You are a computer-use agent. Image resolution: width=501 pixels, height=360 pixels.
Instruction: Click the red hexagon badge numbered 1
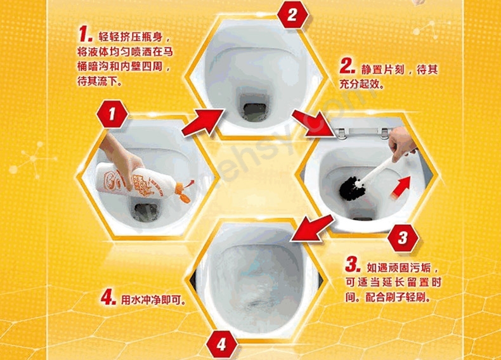tap(112, 114)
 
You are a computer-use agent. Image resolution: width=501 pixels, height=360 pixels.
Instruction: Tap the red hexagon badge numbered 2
tap(292, 15)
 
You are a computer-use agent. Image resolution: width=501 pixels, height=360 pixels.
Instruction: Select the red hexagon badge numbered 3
tap(403, 238)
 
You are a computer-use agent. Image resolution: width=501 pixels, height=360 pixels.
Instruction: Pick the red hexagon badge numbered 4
tap(221, 345)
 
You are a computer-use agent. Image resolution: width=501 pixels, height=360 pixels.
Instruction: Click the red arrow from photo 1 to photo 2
tap(202, 122)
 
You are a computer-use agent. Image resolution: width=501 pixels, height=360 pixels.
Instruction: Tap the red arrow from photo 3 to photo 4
tap(312, 228)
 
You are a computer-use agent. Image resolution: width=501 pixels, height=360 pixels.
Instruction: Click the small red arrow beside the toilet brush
tap(401, 188)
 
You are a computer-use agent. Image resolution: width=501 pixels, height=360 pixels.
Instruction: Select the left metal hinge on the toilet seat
tap(341, 133)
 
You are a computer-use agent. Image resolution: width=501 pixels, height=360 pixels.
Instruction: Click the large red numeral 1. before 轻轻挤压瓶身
tap(86, 34)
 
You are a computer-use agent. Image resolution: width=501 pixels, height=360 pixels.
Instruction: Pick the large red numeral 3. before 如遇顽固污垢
tap(353, 264)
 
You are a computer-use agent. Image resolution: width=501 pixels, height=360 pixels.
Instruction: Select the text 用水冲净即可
tap(153, 300)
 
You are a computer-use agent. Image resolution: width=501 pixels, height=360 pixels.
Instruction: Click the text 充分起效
tap(361, 84)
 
